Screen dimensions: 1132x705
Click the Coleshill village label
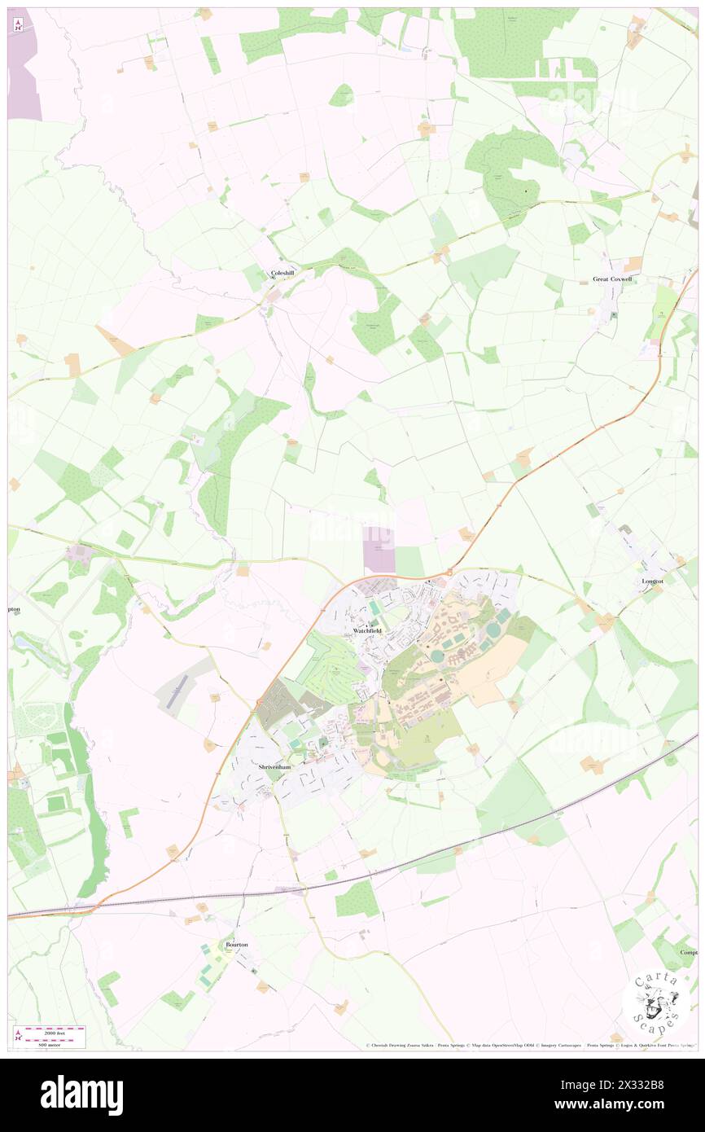click(282, 274)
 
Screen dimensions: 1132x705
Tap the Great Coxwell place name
click(612, 279)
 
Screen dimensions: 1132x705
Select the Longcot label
click(653, 581)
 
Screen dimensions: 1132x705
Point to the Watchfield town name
click(367, 631)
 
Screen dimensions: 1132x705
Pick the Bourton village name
click(236, 944)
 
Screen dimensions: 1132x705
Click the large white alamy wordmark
click(81, 1095)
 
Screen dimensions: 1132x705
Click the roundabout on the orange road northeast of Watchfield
click(449, 573)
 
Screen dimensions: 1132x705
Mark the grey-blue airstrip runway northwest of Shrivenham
click(178, 691)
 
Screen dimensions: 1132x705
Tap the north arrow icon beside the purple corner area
click(18, 24)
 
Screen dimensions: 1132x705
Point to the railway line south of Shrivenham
click(391, 872)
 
